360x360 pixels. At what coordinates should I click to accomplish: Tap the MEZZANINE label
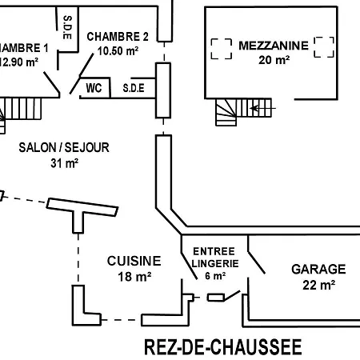point(273,46)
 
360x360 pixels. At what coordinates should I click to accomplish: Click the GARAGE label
point(318,270)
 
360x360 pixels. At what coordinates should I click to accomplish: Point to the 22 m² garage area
point(318,284)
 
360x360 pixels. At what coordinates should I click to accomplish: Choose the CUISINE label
point(134,261)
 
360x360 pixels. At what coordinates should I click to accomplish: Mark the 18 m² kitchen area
point(134,277)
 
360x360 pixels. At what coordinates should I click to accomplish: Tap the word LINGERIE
point(215,263)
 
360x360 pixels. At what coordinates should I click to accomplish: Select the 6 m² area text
point(215,275)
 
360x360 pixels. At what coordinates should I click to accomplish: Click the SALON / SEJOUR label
point(63,148)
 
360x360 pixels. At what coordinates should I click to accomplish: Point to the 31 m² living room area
point(63,163)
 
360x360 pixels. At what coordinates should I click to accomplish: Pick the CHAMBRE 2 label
point(118,37)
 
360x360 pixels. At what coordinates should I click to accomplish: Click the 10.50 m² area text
point(118,50)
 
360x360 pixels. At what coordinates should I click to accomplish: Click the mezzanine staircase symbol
point(228,110)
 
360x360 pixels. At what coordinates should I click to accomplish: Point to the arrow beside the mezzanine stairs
point(264,106)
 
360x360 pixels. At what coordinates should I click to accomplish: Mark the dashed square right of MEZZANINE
point(324,46)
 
